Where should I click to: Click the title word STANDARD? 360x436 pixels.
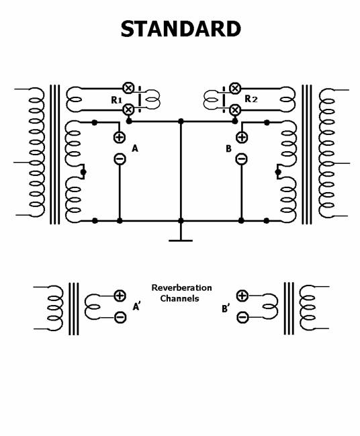pyautogui.click(x=181, y=29)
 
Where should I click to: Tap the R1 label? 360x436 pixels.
pyautogui.click(x=116, y=100)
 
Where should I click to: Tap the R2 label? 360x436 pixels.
pyautogui.click(x=251, y=99)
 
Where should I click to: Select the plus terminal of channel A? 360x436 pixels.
pyautogui.click(x=120, y=137)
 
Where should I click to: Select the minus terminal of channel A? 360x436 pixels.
pyautogui.click(x=120, y=159)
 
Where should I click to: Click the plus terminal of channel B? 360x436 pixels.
pyautogui.click(x=242, y=137)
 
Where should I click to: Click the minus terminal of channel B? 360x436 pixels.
pyautogui.click(x=241, y=159)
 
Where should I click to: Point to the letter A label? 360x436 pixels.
pyautogui.click(x=135, y=148)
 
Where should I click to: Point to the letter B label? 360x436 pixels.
pyautogui.click(x=228, y=148)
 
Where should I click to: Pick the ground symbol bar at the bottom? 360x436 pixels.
pyautogui.click(x=181, y=241)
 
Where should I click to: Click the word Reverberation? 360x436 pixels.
pyautogui.click(x=181, y=288)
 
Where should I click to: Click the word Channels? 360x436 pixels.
pyautogui.click(x=179, y=298)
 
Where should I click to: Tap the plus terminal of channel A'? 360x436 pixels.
pyautogui.click(x=120, y=296)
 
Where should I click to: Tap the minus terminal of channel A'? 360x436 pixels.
pyautogui.click(x=120, y=317)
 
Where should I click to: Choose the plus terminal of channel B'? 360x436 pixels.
pyautogui.click(x=242, y=296)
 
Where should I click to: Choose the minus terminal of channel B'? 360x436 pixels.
pyautogui.click(x=242, y=316)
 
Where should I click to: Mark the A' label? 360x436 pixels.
pyautogui.click(x=137, y=306)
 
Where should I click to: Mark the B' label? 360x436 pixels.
pyautogui.click(x=226, y=308)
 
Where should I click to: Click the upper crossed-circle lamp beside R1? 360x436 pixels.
pyautogui.click(x=128, y=88)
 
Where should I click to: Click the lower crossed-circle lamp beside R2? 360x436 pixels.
pyautogui.click(x=235, y=110)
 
